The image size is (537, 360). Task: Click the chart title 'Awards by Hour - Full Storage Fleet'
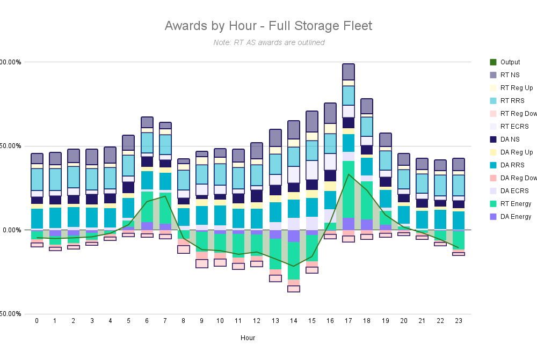pyautogui.click(x=268, y=26)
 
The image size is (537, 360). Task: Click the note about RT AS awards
pyautogui.click(x=268, y=42)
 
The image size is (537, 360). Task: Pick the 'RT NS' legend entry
pyautogui.click(x=508, y=75)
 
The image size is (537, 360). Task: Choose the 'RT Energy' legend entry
pyautogui.click(x=514, y=204)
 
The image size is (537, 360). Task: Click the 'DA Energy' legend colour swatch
pyautogui.click(x=493, y=217)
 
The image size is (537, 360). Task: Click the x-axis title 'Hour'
pyautogui.click(x=248, y=338)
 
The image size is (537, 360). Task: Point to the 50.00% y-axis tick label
pyautogui.click(x=11, y=146)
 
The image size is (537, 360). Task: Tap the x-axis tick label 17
pyautogui.click(x=349, y=321)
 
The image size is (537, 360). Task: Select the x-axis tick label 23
pyautogui.click(x=458, y=321)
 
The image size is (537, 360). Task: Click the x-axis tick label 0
pyautogui.click(x=37, y=321)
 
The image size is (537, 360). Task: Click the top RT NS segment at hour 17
pyautogui.click(x=349, y=72)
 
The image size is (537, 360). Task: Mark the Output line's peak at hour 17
pyautogui.click(x=349, y=174)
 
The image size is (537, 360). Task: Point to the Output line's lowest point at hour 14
pyautogui.click(x=294, y=266)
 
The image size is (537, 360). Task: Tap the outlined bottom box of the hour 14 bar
pyautogui.click(x=294, y=289)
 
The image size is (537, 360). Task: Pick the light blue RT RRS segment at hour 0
pyautogui.click(x=37, y=179)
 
